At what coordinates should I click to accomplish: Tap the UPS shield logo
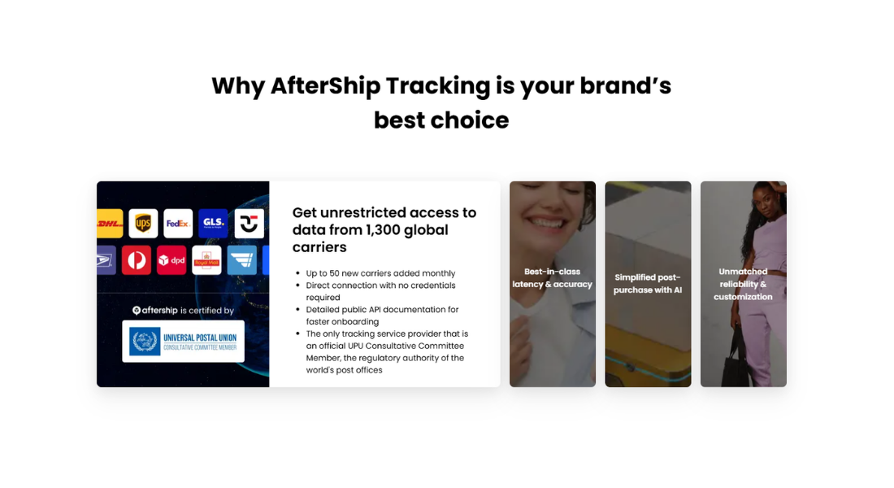pos(143,222)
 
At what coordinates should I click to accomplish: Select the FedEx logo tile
pos(178,222)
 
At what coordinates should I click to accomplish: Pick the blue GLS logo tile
pos(214,222)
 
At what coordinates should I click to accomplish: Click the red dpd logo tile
pos(171,260)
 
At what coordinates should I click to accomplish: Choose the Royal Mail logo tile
pos(206,260)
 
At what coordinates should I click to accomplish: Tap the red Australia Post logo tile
pos(137,260)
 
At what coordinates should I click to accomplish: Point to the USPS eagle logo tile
pos(106,260)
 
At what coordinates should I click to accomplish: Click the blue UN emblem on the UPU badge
pos(144,341)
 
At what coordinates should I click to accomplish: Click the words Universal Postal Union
pos(200,336)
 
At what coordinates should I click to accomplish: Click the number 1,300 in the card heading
pos(388,230)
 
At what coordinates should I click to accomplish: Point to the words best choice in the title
pos(441,120)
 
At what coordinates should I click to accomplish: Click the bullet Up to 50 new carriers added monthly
pos(380,273)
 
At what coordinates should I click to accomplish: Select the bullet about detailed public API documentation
pos(382,316)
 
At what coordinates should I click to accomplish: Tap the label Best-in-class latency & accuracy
pos(553,278)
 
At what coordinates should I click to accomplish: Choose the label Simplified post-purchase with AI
pos(648,284)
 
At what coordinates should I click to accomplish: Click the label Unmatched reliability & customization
pos(743,284)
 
